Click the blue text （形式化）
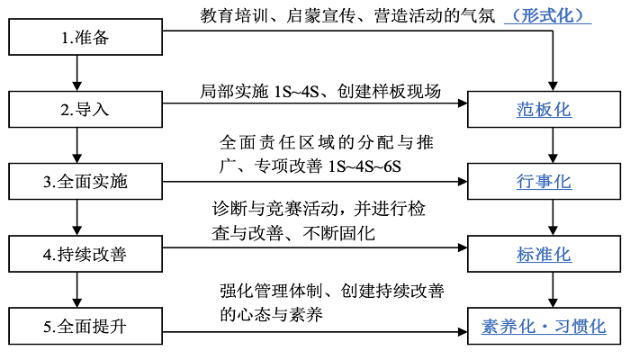point(548,15)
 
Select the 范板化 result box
point(544,111)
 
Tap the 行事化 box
point(544,182)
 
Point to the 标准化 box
point(544,254)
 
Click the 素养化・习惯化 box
point(544,325)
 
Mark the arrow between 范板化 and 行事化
point(550,147)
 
